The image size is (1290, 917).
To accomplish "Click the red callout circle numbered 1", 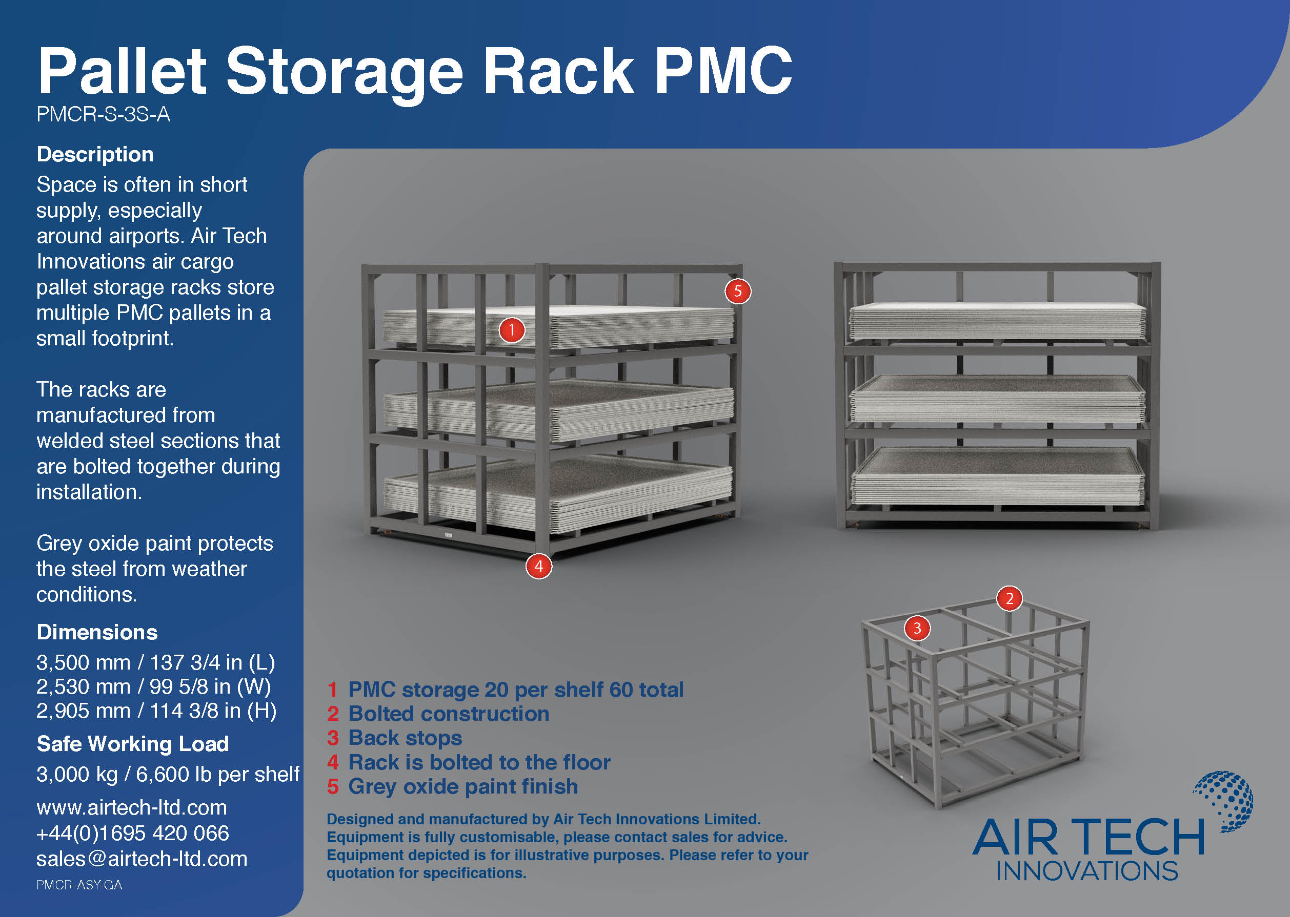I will pos(511,330).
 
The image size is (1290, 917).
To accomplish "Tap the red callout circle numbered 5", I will pos(737,291).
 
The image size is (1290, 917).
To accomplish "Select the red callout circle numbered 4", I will pos(538,567).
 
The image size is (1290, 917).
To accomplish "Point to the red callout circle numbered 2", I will pos(1009,598).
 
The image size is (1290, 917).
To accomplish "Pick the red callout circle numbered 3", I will pos(917,628).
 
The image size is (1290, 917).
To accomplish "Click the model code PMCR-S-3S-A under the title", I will pos(103,115).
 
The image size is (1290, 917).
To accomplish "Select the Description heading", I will pos(95,155).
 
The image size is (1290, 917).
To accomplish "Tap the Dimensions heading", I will pos(96,632).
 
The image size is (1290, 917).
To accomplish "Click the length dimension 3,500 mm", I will pos(83,662).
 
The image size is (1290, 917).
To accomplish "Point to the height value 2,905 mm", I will pos(83,711).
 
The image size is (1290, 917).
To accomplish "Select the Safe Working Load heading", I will pos(132,744).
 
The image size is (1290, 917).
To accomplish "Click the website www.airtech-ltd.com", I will pos(131,807).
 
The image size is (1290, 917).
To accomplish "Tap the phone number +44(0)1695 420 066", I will pos(132,833).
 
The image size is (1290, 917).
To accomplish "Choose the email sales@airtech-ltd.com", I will pos(142,859).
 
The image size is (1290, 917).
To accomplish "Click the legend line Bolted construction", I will pos(448,714).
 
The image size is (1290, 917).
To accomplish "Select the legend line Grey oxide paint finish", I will pos(463,786).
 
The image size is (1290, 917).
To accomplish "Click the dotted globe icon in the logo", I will pos(1225,800).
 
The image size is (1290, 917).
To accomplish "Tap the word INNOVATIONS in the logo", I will pos(1086,871).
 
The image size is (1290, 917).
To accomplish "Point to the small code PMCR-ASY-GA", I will pos(79,885).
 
